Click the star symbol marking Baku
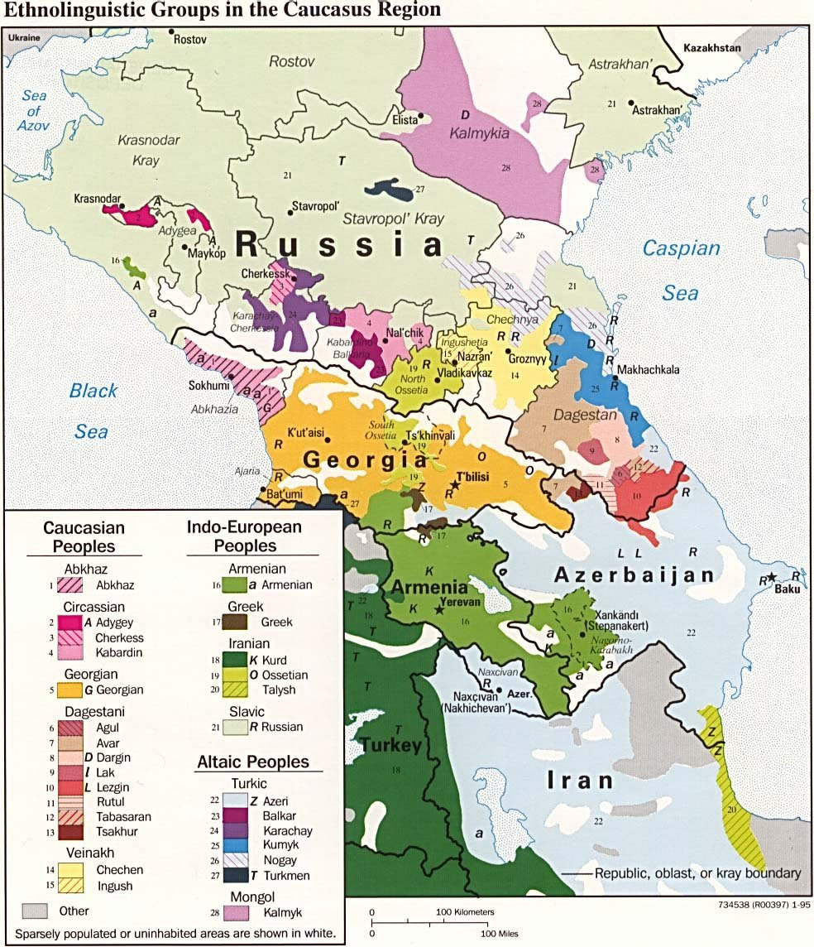point(772,576)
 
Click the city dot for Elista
point(420,116)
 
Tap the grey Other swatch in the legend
point(35,911)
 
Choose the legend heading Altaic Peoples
point(252,762)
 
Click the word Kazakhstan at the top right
point(711,49)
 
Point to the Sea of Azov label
point(35,111)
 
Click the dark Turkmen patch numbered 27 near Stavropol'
point(389,191)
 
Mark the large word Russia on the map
point(339,245)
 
